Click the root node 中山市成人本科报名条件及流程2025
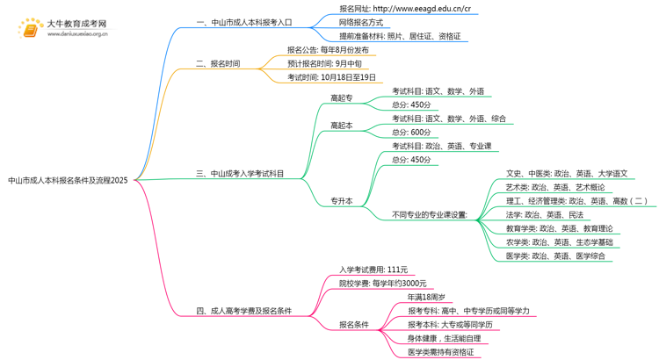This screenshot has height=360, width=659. pyautogui.click(x=68, y=181)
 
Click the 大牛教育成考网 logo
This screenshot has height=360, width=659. pyautogui.click(x=62, y=28)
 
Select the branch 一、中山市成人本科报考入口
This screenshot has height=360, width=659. pyautogui.click(x=244, y=22)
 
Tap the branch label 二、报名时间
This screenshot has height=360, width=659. pyautogui.click(x=218, y=64)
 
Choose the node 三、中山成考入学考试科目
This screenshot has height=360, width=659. pyautogui.click(x=240, y=174)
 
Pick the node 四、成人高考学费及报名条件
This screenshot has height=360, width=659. pyautogui.click(x=243, y=311)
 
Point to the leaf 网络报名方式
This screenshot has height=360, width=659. pyautogui.click(x=367, y=23)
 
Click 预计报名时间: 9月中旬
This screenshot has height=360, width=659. pyautogui.click(x=324, y=64)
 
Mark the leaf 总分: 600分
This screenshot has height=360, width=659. pyautogui.click(x=411, y=133)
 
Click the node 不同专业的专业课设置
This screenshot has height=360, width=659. pyautogui.click(x=430, y=215)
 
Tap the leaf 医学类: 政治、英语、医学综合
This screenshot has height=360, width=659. pyautogui.click(x=556, y=256)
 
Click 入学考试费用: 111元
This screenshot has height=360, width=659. pyautogui.click(x=373, y=270)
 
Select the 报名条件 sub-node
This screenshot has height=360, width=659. pyautogui.click(x=355, y=325)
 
